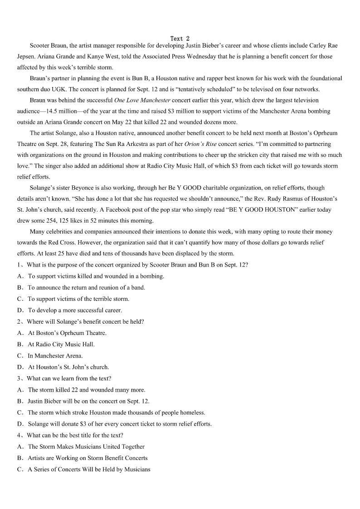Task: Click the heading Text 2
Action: pos(180,39)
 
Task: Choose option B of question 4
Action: pos(88,458)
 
